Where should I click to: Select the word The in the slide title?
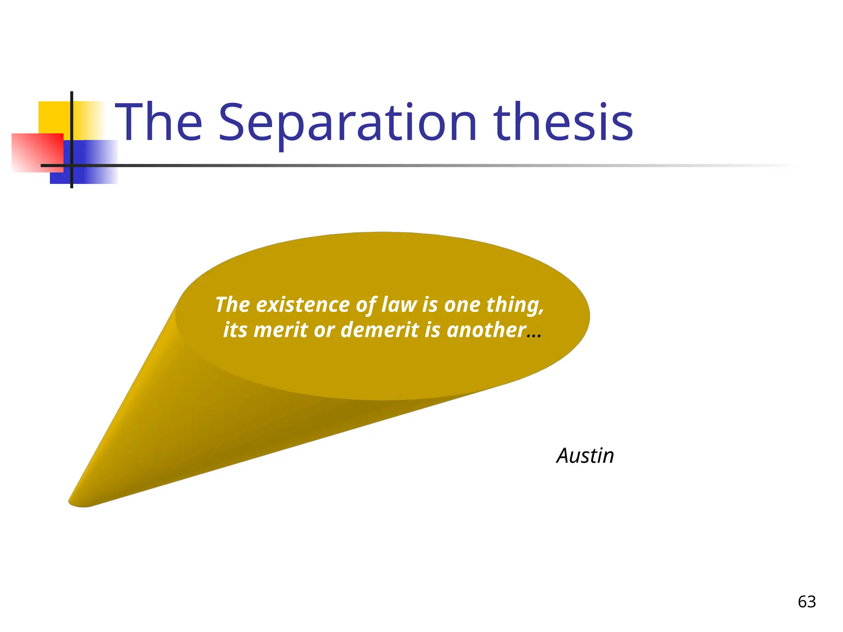click(159, 122)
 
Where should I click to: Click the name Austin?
click(585, 456)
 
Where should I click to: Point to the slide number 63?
click(807, 602)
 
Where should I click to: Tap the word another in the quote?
click(486, 330)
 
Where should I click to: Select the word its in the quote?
click(235, 330)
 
